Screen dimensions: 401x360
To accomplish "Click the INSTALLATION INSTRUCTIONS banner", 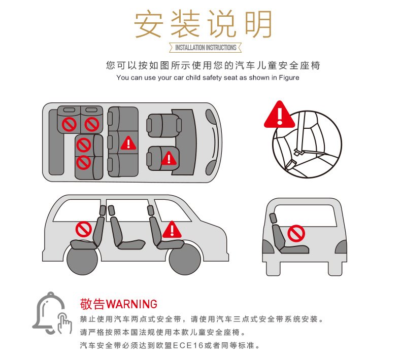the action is pos(206,48).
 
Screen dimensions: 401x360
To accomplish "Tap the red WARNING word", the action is pos(131,304).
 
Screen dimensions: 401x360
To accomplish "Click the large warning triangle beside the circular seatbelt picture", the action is pos(280,115).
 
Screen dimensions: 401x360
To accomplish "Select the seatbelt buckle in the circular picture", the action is pos(297,152).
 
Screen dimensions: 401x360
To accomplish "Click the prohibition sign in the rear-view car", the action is pos(296,233).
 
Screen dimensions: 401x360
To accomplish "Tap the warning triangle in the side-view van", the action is pos(172,230).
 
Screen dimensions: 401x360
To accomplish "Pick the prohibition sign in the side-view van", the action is pos(84,229).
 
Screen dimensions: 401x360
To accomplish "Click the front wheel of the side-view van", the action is pos(185,259).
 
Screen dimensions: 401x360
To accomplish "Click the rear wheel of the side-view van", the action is pos(82,259).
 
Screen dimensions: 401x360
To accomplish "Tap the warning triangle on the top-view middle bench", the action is pos(128,143).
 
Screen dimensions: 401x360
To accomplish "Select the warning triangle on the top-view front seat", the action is pos(169,158).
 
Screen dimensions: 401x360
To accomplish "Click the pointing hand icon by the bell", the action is pos(64,323).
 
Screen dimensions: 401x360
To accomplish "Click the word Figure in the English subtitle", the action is pos(289,78).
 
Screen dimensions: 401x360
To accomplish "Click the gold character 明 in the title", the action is pos(258,24).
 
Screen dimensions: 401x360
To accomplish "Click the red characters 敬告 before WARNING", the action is pos(92,304).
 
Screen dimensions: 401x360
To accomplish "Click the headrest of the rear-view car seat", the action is pos(273,218).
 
